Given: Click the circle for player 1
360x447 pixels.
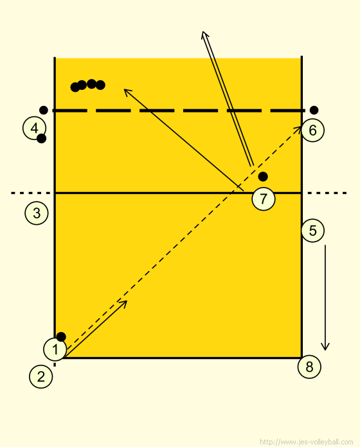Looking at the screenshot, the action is click(55, 349).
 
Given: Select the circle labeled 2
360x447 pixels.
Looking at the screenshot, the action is click(41, 376).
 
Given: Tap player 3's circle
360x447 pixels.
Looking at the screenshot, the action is click(37, 213).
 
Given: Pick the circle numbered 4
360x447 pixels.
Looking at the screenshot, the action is click(34, 128).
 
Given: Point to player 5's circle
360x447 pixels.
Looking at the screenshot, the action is click(312, 231).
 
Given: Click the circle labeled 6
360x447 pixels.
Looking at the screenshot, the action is click(312, 130).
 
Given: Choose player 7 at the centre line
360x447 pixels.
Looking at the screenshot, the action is click(264, 198).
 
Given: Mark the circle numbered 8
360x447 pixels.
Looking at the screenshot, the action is click(309, 367).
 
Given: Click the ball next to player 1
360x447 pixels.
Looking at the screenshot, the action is click(61, 337).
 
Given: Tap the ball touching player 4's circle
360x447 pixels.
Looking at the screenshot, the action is click(41, 139).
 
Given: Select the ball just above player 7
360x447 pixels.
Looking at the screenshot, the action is click(263, 177).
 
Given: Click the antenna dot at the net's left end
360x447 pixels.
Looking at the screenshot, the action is click(43, 110).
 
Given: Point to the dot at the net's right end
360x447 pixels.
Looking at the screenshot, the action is click(314, 110).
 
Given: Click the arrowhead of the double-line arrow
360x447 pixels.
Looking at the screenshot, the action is click(203, 33).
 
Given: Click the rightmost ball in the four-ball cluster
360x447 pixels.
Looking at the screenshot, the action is click(100, 85).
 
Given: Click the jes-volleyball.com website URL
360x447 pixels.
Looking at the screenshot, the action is click(307, 442).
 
